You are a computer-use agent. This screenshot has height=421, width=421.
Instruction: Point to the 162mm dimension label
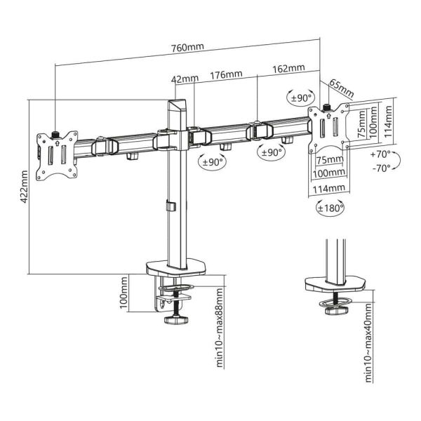point(289,68)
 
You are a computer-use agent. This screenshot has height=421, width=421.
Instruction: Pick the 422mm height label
point(22,185)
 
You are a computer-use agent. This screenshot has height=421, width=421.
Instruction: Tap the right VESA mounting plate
point(330,130)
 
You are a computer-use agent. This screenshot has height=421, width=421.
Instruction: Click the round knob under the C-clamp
point(173,321)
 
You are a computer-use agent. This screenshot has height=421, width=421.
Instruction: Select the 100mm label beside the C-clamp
point(123,293)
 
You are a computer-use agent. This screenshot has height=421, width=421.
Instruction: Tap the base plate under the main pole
point(178,269)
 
